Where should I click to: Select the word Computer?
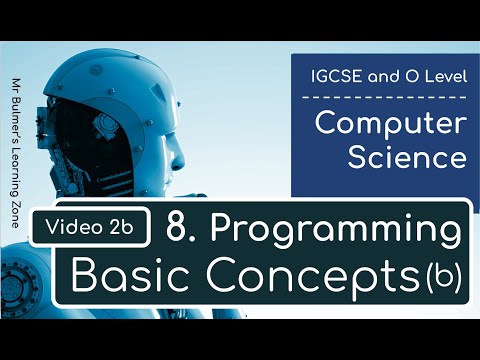[x=390, y=126]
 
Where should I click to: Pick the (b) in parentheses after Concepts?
[x=439, y=277]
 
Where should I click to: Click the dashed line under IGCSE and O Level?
[x=385, y=97]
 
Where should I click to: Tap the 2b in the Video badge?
[x=126, y=228]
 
